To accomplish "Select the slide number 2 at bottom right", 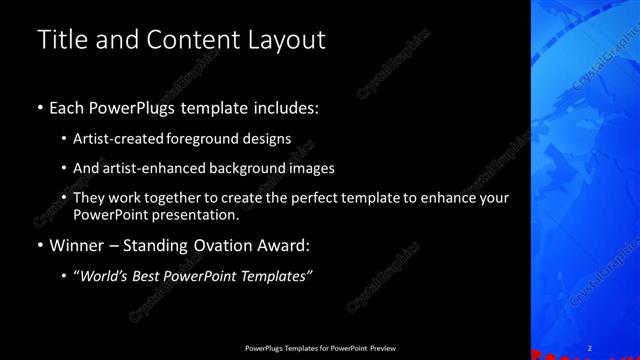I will point(590,347).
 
